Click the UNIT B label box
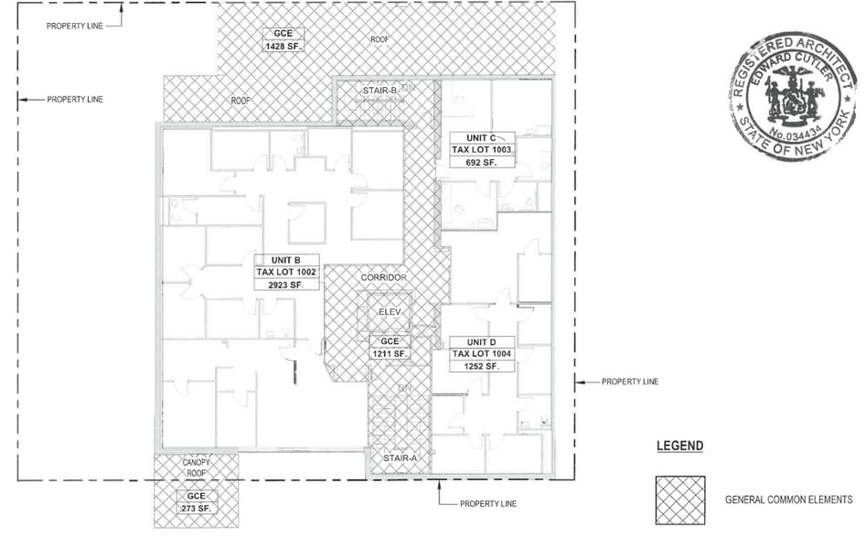coord(286,260)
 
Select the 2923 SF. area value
coord(286,285)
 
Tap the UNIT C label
coord(481,138)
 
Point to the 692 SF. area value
coord(481,162)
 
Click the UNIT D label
coord(481,342)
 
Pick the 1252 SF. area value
coord(481,366)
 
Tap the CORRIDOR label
coord(383,277)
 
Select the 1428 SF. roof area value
coord(282,47)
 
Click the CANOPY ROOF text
coord(196,468)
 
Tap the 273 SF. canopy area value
coord(196,507)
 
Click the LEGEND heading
coord(679,447)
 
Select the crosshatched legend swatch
coord(679,500)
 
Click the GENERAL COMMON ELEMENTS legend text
coord(788,500)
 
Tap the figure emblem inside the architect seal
coord(792,97)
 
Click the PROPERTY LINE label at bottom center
coord(487,504)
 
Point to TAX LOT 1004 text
coord(481,354)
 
